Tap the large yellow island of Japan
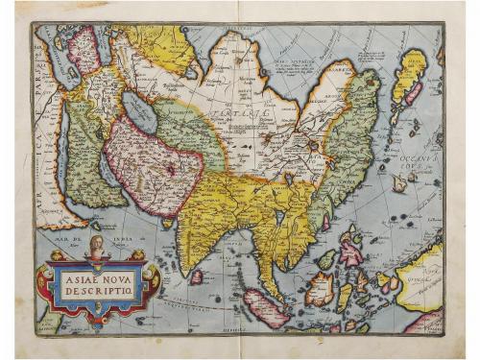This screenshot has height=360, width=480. tap(410, 77)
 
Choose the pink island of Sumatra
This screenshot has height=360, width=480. tap(263, 308)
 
